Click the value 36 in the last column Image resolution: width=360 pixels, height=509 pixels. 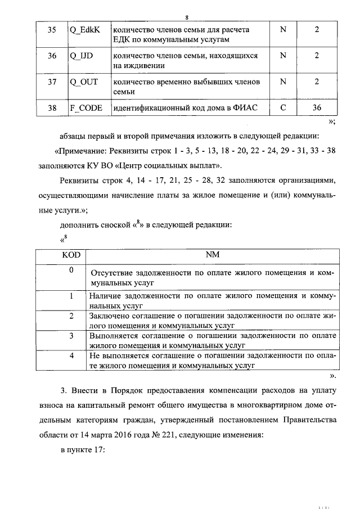coord(317,108)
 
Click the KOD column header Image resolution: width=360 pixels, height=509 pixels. coord(71,255)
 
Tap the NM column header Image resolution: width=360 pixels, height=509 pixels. coord(212,255)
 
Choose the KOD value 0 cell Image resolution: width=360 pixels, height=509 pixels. coord(71,271)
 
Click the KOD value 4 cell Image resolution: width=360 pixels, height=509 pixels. coord(71,356)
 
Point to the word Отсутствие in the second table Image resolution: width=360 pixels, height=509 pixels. coord(110,273)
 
